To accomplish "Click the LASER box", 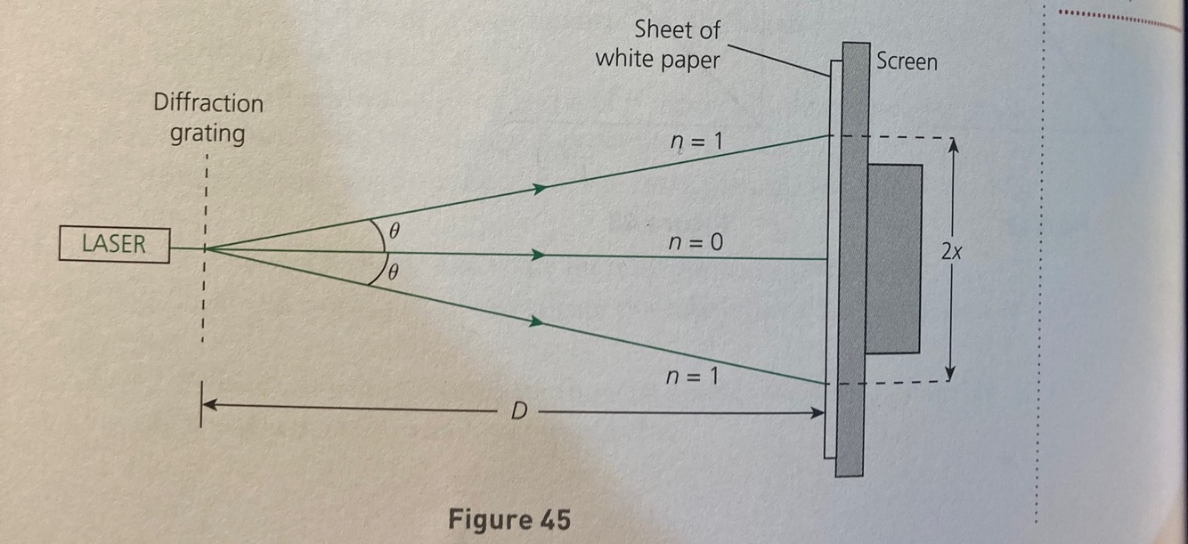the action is tap(114, 244).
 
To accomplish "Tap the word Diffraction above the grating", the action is tap(208, 103).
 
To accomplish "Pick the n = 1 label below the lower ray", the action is tap(692, 377).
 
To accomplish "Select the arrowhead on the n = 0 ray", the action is tap(537, 256).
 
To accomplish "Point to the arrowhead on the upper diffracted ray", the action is tap(538, 188).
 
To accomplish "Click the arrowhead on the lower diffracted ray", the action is tap(537, 321).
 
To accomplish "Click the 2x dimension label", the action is tap(950, 254).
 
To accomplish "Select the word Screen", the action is tap(907, 61).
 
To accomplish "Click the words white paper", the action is tap(657, 59).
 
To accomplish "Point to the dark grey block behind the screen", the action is tap(893, 258).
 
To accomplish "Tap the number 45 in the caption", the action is tap(553, 518).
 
